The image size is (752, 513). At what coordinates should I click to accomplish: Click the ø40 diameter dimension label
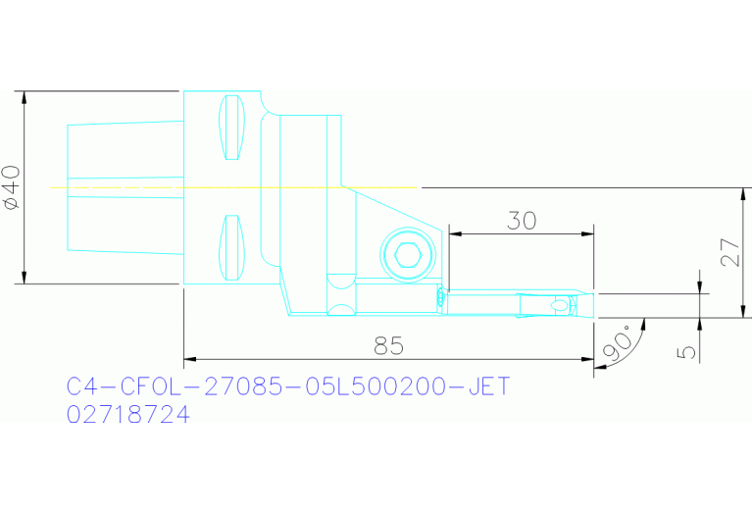pos(12,186)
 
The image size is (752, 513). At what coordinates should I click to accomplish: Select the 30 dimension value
pos(521,221)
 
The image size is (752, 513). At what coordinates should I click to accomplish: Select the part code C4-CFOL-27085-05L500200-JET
pos(288,386)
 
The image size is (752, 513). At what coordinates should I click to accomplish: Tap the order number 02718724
pos(127,415)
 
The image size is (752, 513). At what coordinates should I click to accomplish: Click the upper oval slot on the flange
pos(231,128)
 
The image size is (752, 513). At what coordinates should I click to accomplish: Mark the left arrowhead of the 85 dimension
pos(189,359)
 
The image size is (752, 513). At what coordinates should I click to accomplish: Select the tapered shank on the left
pos(125,186)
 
